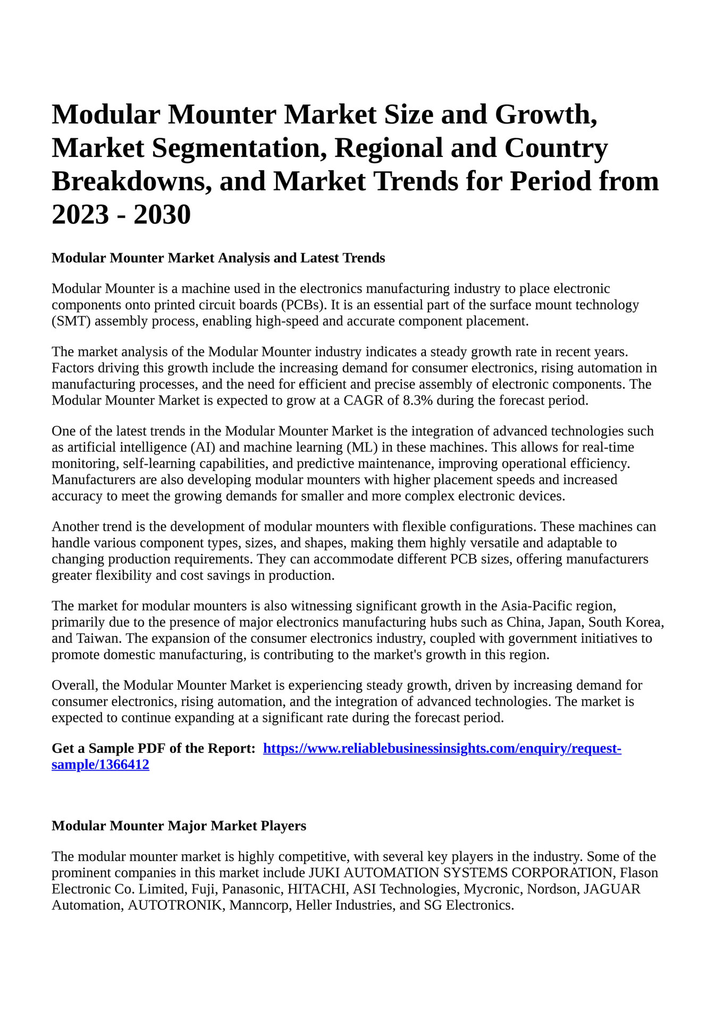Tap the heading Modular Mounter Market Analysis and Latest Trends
coord(218,258)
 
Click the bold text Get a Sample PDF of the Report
coord(154,749)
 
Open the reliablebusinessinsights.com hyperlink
coord(442,749)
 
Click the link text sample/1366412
coord(100,765)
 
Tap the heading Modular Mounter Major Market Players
coord(179,826)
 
